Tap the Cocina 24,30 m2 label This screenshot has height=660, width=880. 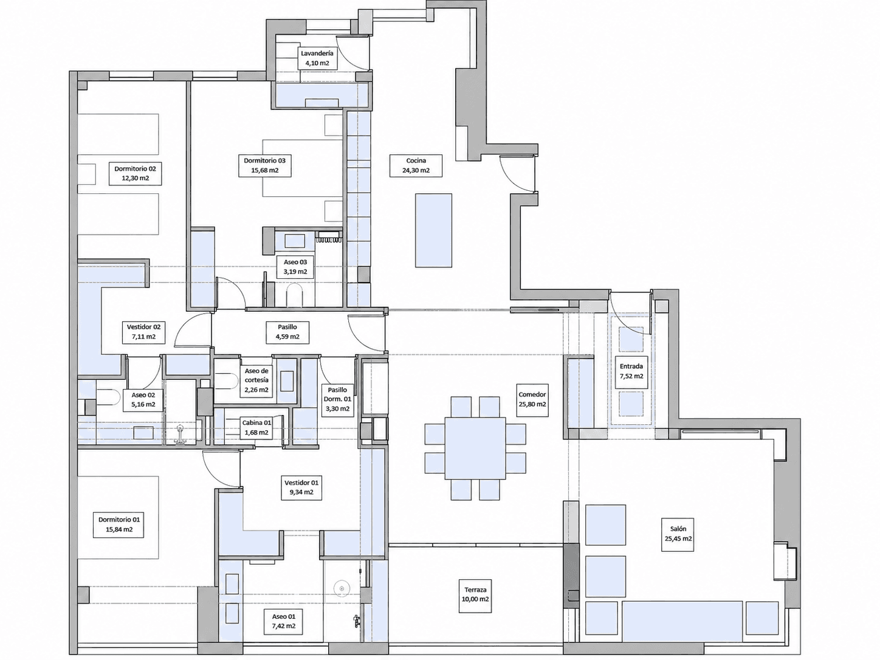click(x=416, y=165)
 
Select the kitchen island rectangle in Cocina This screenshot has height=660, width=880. click(x=433, y=230)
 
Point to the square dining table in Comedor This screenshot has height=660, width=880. click(x=475, y=448)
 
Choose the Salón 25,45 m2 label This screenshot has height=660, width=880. click(x=678, y=534)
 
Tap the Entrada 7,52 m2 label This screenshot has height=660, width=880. click(x=631, y=371)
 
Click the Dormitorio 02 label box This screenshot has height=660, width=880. click(x=135, y=174)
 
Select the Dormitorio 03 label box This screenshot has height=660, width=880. click(x=264, y=165)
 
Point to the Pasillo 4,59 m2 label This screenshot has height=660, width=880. click(x=287, y=332)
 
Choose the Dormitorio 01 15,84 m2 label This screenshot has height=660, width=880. click(x=119, y=524)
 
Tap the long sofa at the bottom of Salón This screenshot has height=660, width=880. click(x=682, y=623)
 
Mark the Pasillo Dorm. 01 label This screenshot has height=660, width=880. click(x=337, y=399)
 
